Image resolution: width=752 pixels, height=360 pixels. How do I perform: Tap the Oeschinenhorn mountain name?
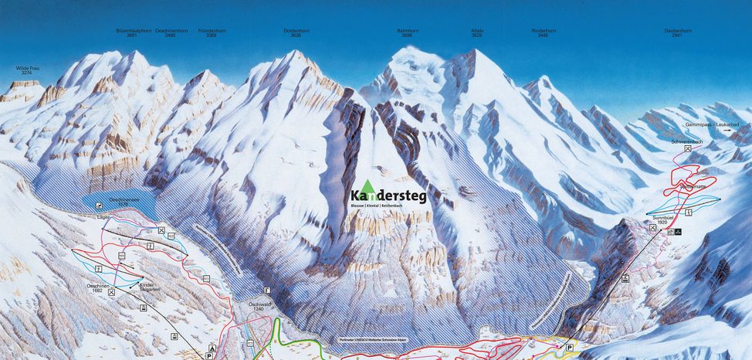[171, 33]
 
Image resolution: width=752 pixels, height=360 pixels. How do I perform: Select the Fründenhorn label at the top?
[212, 33]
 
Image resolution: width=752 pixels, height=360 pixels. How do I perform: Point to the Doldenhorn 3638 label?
[296, 33]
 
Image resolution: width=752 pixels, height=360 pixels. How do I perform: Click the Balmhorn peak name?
[408, 33]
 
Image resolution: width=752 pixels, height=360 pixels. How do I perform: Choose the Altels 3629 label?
[477, 33]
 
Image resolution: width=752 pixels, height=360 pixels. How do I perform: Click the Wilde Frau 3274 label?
[28, 71]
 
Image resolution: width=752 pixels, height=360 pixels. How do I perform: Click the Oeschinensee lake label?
[123, 199]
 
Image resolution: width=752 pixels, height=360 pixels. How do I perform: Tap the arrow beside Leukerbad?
[727, 131]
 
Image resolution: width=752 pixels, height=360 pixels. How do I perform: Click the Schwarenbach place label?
[686, 141]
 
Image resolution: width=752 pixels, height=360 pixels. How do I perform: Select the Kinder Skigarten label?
[146, 287]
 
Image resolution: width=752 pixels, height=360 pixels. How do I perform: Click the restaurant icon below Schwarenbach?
[687, 149]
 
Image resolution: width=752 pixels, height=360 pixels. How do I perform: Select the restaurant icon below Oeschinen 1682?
[112, 293]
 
